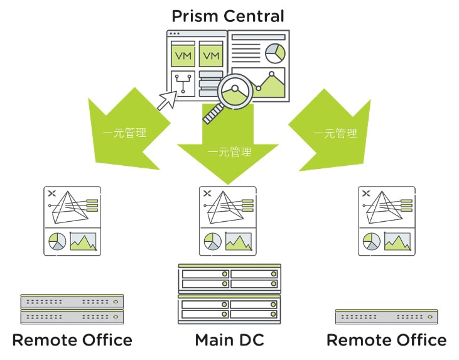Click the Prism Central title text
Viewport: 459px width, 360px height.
click(228, 15)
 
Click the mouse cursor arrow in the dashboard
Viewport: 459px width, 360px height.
click(167, 100)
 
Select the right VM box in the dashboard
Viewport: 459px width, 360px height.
click(212, 56)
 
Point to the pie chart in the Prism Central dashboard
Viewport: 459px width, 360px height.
click(274, 54)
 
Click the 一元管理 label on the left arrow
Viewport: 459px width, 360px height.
click(124, 133)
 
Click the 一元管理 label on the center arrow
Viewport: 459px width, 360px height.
click(229, 152)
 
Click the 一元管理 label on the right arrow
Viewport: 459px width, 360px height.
click(335, 133)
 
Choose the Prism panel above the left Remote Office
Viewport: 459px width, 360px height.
click(72, 221)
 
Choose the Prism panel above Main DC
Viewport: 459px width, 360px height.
click(229, 221)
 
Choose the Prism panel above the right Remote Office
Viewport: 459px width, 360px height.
click(386, 221)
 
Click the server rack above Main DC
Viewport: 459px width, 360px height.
click(229, 293)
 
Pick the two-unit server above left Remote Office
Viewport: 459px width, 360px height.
click(72, 309)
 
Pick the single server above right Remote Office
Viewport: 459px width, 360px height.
click(386, 316)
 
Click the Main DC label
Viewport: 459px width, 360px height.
click(229, 341)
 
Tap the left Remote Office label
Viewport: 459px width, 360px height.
click(72, 341)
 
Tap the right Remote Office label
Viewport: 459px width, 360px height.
click(386, 341)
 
